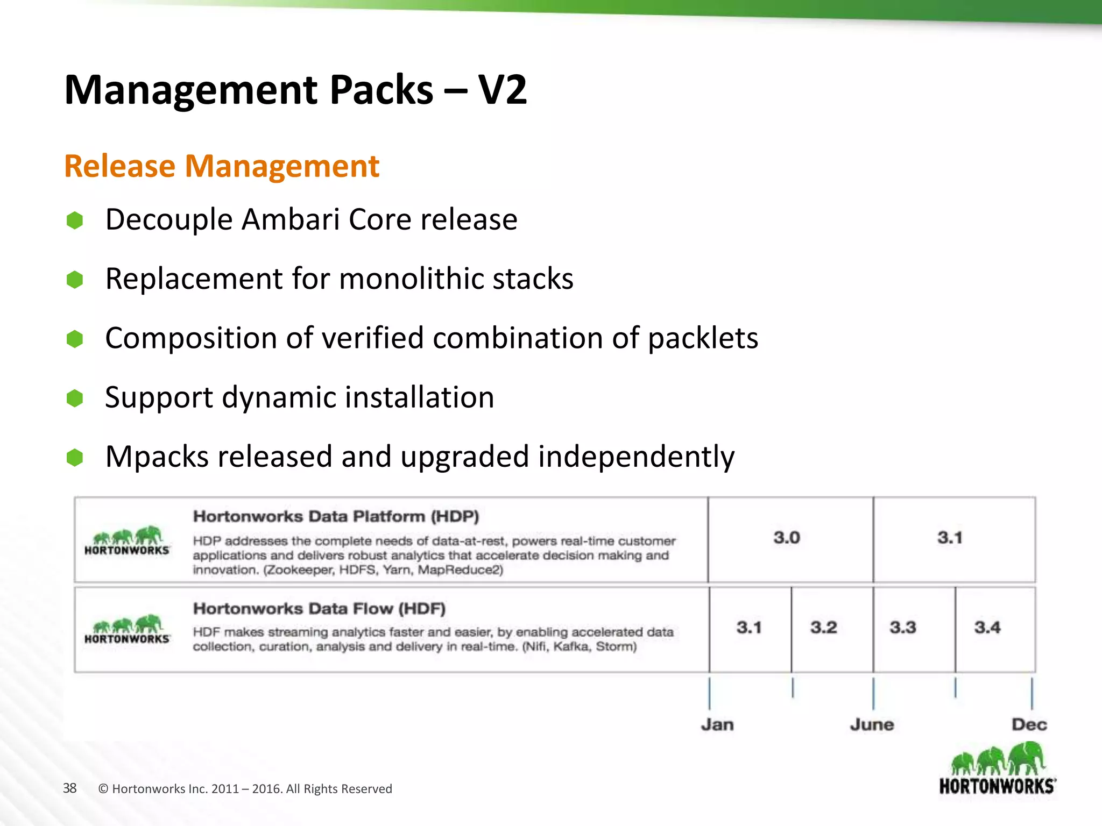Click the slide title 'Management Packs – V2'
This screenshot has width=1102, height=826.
point(295,90)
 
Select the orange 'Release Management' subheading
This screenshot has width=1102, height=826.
point(222,166)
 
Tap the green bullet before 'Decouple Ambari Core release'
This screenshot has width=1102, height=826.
point(75,220)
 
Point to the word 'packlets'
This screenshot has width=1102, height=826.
point(703,338)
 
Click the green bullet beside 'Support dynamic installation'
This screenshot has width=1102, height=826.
point(75,398)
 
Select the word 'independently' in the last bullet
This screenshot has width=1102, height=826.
point(636,457)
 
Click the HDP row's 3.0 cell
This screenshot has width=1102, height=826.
point(787,538)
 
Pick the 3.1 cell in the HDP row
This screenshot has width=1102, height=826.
point(950,538)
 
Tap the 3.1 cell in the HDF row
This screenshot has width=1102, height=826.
point(749,628)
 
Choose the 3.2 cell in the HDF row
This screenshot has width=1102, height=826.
point(823,628)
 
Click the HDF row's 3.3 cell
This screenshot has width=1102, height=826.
point(902,628)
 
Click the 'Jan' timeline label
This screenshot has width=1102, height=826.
point(717,725)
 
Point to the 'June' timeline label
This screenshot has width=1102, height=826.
point(872,725)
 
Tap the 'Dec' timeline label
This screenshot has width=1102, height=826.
point(1029,725)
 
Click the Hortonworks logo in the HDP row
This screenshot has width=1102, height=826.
point(127,540)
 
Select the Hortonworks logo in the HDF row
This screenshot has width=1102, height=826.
point(127,629)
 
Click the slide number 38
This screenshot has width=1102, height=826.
point(70,788)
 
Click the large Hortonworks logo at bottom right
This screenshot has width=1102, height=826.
point(998,769)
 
